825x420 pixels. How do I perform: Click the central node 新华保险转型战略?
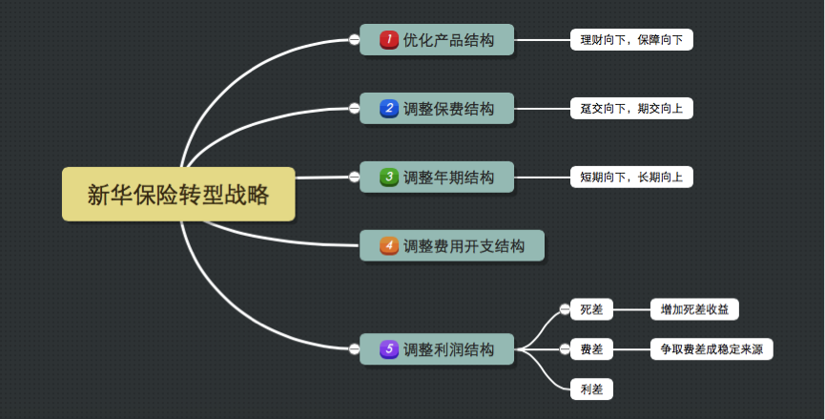pyautogui.click(x=178, y=195)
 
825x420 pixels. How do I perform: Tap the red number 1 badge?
pyautogui.click(x=388, y=40)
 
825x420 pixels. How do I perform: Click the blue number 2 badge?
pyautogui.click(x=388, y=109)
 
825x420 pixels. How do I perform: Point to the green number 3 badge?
pyautogui.click(x=388, y=178)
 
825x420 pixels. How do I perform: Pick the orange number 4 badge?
pyautogui.click(x=388, y=246)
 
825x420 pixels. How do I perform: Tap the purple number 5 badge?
pyautogui.click(x=388, y=349)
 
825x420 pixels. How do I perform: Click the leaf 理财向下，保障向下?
pyautogui.click(x=631, y=40)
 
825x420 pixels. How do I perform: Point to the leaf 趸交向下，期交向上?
pyautogui.click(x=631, y=109)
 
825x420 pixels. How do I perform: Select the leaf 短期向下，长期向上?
pyautogui.click(x=631, y=178)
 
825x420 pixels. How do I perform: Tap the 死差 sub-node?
pyautogui.click(x=591, y=309)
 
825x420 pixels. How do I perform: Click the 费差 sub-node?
pyautogui.click(x=591, y=349)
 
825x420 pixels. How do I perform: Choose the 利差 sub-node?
pyautogui.click(x=591, y=389)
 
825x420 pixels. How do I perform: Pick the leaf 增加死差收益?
pyautogui.click(x=694, y=309)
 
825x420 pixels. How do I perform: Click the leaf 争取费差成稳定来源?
pyautogui.click(x=711, y=349)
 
